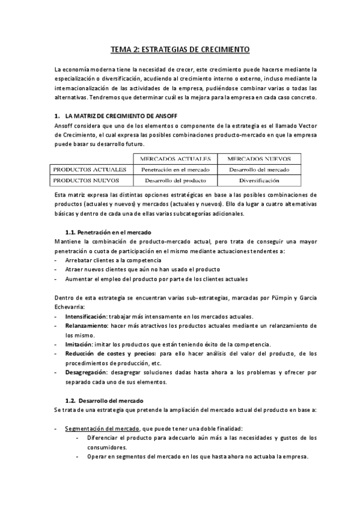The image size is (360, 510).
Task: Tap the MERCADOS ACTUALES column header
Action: [175, 159]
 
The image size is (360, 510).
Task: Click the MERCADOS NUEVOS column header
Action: [259, 159]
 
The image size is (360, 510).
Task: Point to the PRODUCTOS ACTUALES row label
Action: [90, 170]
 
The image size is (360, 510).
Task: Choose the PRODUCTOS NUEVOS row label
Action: [86, 180]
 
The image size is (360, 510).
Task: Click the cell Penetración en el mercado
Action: [175, 170]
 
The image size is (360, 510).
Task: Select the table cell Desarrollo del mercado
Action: [259, 170]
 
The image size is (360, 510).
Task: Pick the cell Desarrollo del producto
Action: [175, 180]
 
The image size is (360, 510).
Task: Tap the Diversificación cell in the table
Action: [259, 180]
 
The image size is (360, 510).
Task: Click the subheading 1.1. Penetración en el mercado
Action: [108, 232]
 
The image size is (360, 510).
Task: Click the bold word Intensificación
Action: [85, 316]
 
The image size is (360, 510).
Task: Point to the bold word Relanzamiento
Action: [86, 325]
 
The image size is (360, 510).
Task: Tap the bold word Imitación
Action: [78, 344]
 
